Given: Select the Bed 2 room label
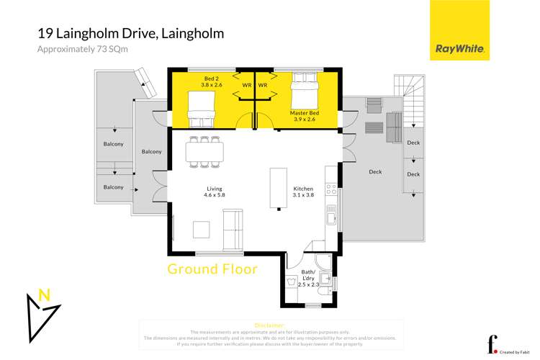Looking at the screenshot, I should [194, 81].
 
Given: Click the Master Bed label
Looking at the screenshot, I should [304, 117].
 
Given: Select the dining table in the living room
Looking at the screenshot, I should [204, 151].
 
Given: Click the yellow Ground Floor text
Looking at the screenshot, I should [212, 269].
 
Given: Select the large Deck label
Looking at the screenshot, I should [375, 172].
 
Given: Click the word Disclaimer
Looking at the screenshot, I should [270, 325].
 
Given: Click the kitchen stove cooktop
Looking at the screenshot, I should [332, 189].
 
